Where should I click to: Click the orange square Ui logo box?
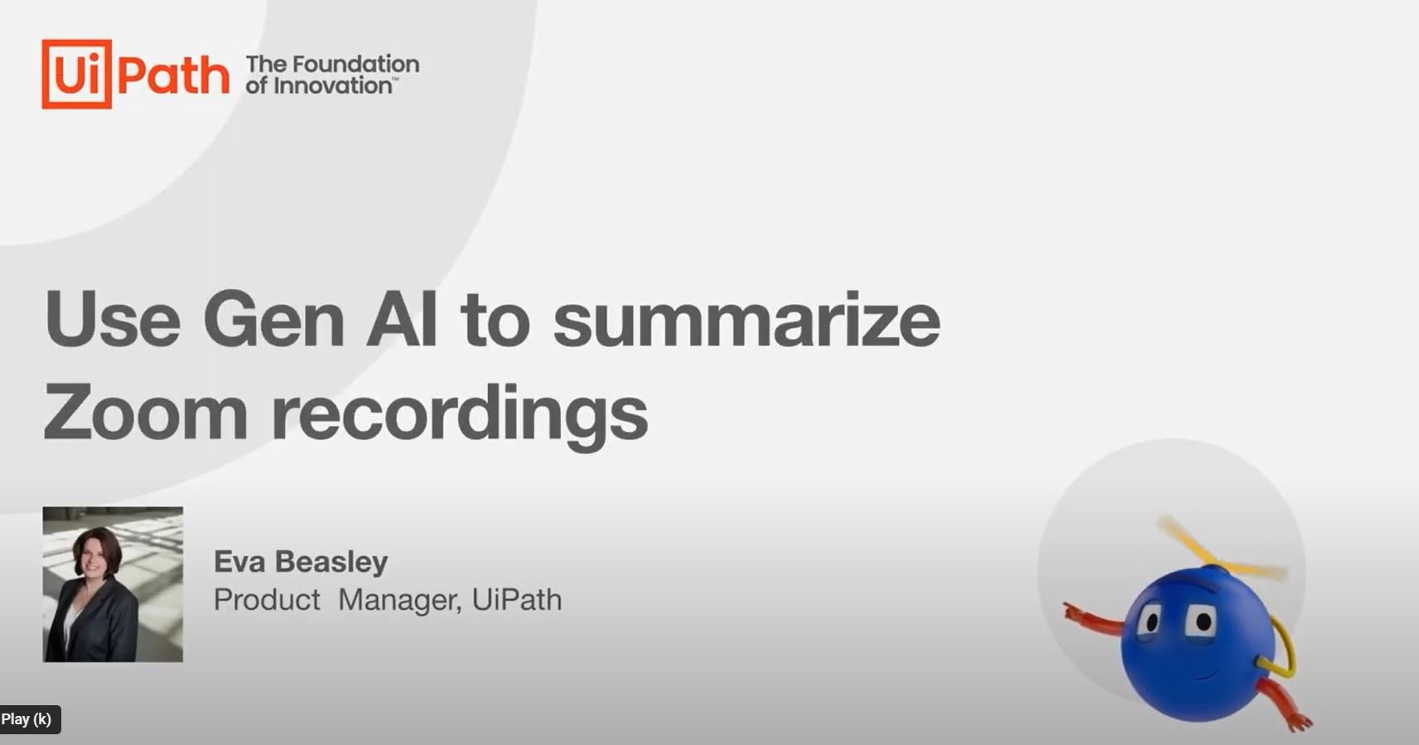click(77, 74)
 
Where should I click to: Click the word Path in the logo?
click(173, 75)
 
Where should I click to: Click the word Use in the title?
click(113, 319)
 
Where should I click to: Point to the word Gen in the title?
click(273, 319)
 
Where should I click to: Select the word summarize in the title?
click(746, 319)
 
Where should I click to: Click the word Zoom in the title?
click(145, 413)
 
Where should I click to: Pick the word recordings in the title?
click(460, 416)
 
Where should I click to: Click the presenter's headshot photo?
click(113, 584)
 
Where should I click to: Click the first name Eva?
click(239, 562)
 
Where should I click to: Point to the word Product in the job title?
click(267, 600)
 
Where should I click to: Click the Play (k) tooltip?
click(30, 719)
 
